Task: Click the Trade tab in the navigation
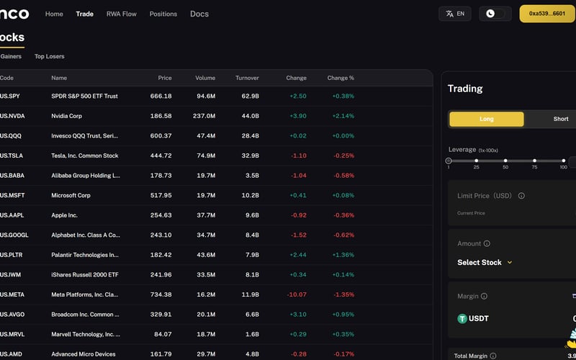click(84, 14)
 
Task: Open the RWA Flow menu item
click(121, 14)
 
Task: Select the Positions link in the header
click(163, 14)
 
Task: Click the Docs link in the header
click(199, 14)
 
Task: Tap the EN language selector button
click(454, 14)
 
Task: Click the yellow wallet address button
click(546, 14)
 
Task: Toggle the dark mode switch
click(495, 14)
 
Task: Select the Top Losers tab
click(49, 56)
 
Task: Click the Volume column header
click(205, 78)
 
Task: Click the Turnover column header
click(247, 78)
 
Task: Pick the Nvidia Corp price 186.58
click(161, 115)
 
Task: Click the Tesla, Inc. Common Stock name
click(84, 156)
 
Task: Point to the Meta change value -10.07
click(296, 294)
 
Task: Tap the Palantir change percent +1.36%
click(343, 255)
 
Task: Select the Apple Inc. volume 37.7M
click(205, 215)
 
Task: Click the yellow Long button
click(486, 119)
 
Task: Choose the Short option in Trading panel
click(560, 119)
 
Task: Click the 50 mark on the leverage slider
click(505, 161)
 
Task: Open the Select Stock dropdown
click(485, 263)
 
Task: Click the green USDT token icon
click(463, 318)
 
